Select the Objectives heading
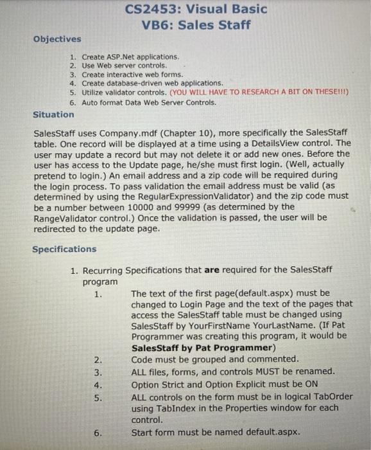[57, 39]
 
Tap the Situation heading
[53, 114]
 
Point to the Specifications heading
[64, 249]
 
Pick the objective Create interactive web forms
[132, 75]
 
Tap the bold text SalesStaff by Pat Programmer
[203, 348]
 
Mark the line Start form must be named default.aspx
[216, 433]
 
